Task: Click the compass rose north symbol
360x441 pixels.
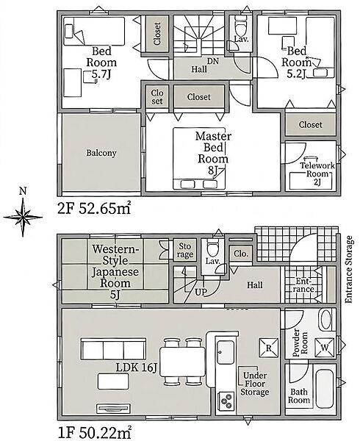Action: pyautogui.click(x=23, y=217)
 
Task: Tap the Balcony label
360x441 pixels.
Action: pyautogui.click(x=101, y=153)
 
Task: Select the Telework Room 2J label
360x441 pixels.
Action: pyautogui.click(x=317, y=173)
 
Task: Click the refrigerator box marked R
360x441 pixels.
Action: pyautogui.click(x=269, y=348)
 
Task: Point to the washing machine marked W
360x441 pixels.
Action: pyautogui.click(x=325, y=348)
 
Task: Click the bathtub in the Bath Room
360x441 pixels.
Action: pyautogui.click(x=325, y=390)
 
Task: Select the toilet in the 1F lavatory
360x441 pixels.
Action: pyautogui.click(x=213, y=248)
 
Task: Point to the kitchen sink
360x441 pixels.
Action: pyautogui.click(x=226, y=352)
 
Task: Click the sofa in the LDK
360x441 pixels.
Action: pyautogui.click(x=114, y=348)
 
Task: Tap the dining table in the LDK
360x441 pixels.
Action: pyautogui.click(x=183, y=362)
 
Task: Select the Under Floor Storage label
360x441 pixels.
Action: pyautogui.click(x=255, y=384)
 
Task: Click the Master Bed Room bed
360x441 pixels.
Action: pyautogui.click(x=199, y=158)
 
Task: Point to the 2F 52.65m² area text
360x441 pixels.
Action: pyautogui.click(x=94, y=209)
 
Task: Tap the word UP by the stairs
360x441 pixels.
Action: pyautogui.click(x=201, y=293)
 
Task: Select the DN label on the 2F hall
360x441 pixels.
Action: pyautogui.click(x=213, y=61)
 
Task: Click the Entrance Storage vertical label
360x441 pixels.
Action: pyautogui.click(x=348, y=270)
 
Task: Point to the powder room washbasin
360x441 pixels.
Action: pyautogui.click(x=326, y=320)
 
